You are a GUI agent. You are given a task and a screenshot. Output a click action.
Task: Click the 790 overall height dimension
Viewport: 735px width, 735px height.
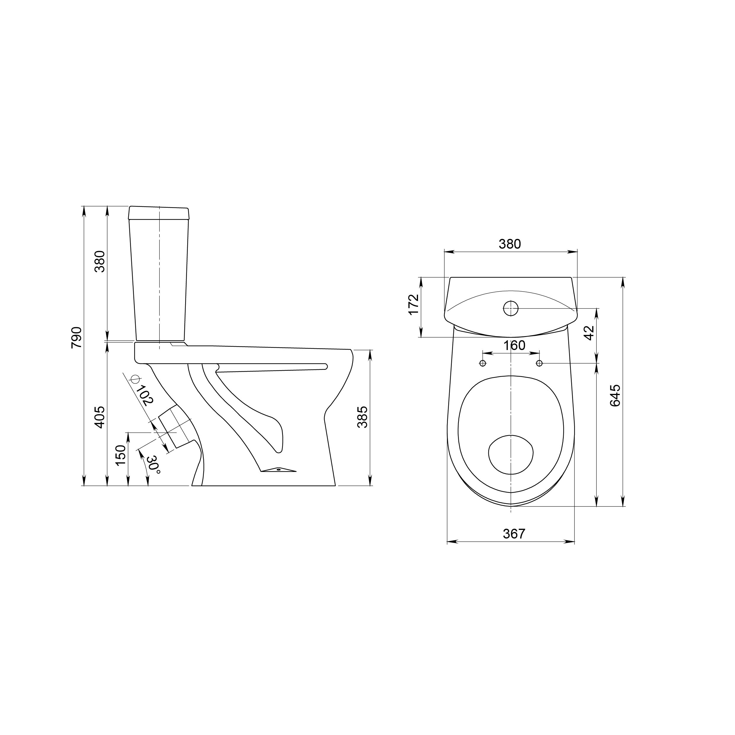click(76, 337)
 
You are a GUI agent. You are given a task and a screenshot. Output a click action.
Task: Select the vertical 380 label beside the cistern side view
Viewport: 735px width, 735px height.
click(99, 261)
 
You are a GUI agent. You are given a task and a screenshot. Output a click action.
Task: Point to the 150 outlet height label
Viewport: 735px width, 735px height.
click(120, 455)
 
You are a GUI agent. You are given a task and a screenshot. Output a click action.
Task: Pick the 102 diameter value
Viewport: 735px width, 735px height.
click(145, 396)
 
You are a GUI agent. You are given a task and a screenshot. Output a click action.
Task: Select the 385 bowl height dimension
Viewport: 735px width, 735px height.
click(363, 417)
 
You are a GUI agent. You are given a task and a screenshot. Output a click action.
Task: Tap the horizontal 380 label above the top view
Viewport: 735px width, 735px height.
click(510, 244)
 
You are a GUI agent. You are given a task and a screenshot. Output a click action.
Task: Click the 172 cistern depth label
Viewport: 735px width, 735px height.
click(414, 304)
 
